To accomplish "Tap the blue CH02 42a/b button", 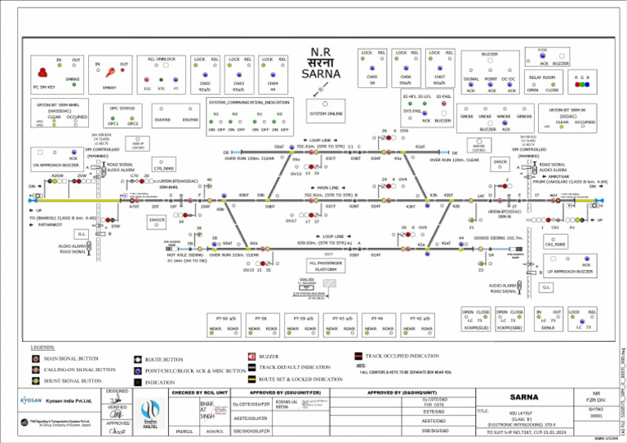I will click(204, 73).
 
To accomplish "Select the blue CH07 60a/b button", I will click(438, 73).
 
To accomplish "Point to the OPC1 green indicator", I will click(112, 117).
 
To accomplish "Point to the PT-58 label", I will click(261, 318).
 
